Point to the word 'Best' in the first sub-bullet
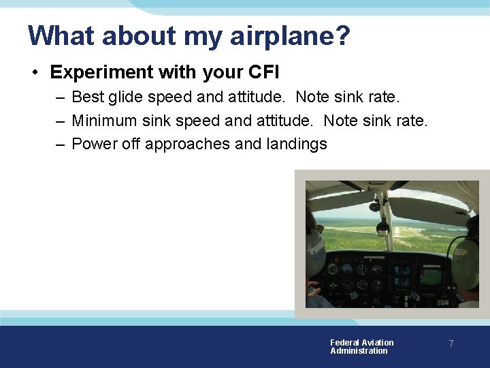[86, 97]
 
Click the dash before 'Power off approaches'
[60, 144]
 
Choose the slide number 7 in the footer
[451, 344]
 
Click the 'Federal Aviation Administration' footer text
[361, 347]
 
